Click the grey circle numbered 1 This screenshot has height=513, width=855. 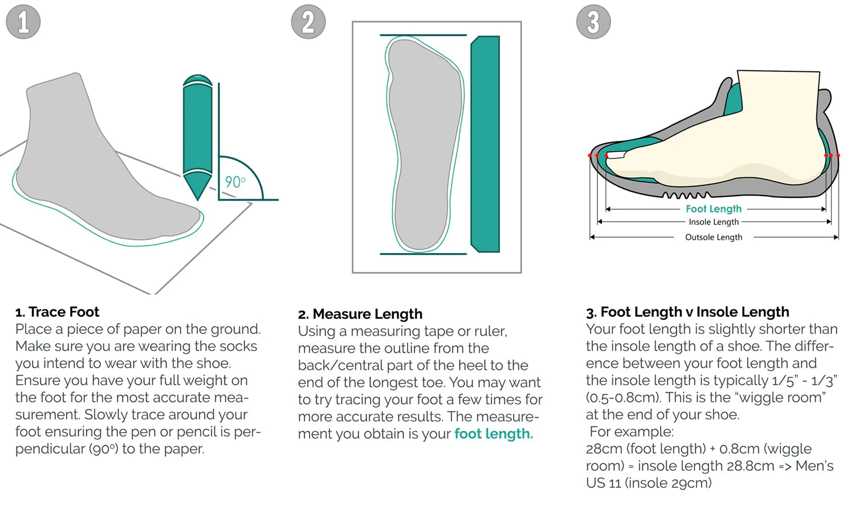click(23, 22)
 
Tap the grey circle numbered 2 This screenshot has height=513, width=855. click(308, 22)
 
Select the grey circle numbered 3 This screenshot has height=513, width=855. click(593, 22)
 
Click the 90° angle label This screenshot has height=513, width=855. click(235, 182)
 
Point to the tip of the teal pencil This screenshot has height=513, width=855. click(197, 198)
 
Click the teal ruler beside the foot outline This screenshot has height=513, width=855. click(485, 144)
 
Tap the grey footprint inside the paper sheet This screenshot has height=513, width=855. click(425, 142)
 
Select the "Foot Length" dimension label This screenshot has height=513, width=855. click(714, 209)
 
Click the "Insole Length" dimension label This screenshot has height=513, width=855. click(714, 222)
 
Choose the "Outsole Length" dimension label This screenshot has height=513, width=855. click(714, 237)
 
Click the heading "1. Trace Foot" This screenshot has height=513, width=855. click(57, 312)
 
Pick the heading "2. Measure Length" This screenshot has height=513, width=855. click(360, 314)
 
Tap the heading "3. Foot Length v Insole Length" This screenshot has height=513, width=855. click(687, 312)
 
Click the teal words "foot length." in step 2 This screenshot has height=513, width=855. click(493, 434)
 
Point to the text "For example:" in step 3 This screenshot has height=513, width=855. click(632, 431)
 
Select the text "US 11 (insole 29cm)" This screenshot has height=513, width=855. click(649, 483)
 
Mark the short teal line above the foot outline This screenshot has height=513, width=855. click(424, 35)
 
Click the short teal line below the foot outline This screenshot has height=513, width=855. click(424, 254)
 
